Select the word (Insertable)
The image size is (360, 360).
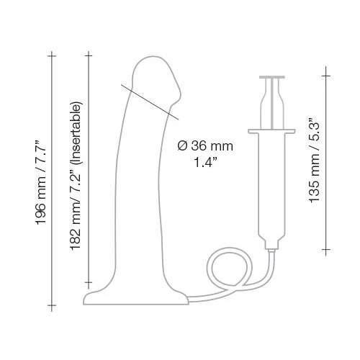[77, 132]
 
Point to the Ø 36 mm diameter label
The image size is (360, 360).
[205, 146]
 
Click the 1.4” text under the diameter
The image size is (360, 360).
[204, 163]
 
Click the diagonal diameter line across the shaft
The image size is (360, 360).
[150, 102]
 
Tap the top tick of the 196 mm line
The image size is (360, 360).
[52, 56]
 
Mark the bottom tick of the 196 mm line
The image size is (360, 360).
[52, 305]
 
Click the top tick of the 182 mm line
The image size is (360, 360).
[89, 55]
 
